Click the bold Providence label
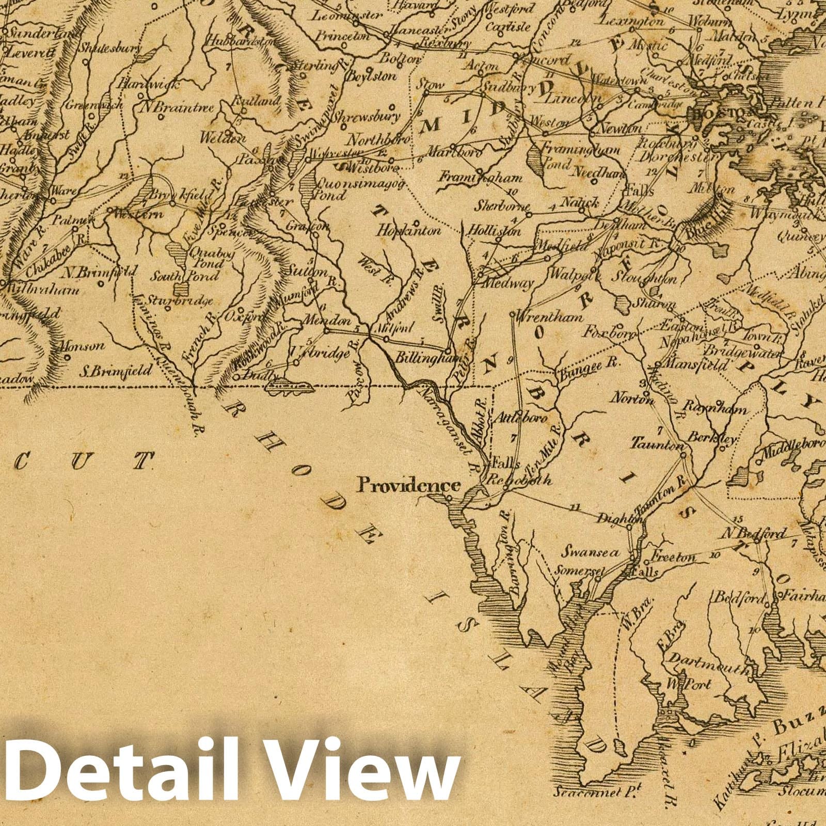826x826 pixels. (x=409, y=485)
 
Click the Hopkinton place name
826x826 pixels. (x=409, y=231)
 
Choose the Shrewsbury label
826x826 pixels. (x=366, y=117)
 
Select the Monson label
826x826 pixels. (x=82, y=346)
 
